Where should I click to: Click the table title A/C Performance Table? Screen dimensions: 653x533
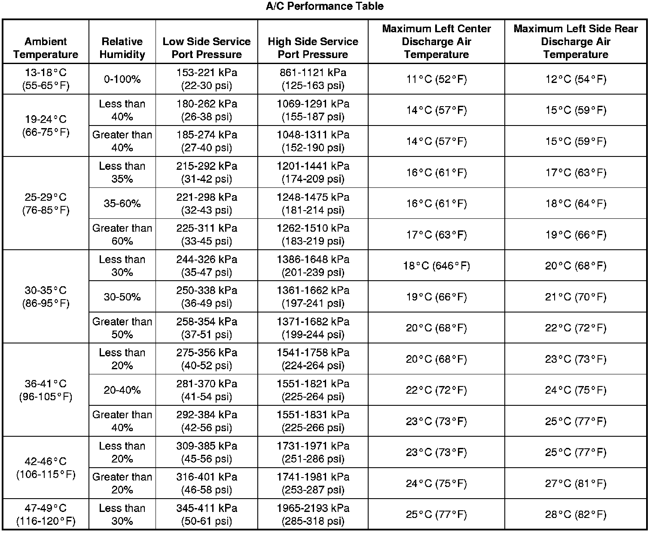tap(324, 6)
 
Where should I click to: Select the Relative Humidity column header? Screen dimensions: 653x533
tap(122, 48)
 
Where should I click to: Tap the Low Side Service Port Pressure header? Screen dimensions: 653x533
tap(207, 48)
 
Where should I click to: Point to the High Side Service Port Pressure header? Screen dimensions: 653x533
tap(313, 48)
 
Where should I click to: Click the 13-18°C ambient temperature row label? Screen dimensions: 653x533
tap(46, 79)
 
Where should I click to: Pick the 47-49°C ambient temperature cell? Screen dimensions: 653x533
tap(46, 515)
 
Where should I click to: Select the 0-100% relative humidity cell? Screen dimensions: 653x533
tap(122, 79)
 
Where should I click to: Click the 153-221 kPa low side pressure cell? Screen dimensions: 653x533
tap(207, 79)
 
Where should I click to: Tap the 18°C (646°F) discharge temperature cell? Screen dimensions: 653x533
tap(436, 266)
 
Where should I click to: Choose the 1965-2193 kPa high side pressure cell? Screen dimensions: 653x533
tap(313, 515)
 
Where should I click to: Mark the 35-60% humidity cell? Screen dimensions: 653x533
tap(122, 203)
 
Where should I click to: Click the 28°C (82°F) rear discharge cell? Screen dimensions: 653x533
tap(576, 515)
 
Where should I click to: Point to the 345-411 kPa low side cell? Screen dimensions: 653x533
tap(207, 515)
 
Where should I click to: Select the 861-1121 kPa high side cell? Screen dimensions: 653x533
tap(313, 79)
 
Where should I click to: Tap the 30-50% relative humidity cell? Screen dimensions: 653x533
tap(122, 297)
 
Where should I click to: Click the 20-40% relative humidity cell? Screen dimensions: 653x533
tap(122, 390)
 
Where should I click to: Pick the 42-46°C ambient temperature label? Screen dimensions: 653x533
tap(46, 468)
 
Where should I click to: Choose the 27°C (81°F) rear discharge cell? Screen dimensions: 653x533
tap(576, 483)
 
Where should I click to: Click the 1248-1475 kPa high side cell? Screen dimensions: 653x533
tap(313, 203)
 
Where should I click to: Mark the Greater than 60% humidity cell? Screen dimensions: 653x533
tap(122, 234)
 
